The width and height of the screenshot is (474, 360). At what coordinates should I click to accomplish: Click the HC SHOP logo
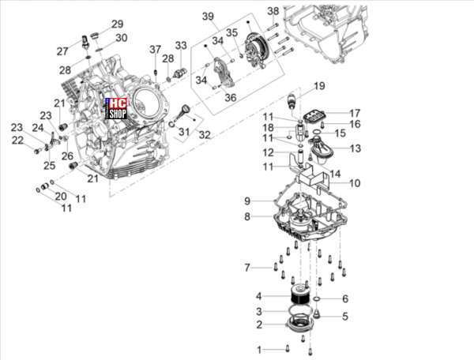tap(116, 108)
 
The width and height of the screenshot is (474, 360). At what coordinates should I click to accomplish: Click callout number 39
tap(208, 16)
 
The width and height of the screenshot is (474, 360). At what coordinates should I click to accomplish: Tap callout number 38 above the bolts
tap(273, 11)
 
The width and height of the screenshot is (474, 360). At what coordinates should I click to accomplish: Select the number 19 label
tap(319, 86)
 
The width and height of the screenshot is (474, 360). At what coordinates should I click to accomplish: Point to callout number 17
tap(355, 113)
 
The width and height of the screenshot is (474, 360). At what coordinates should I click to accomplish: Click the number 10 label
tap(355, 183)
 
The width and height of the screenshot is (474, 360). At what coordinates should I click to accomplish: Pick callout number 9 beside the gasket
tap(247, 201)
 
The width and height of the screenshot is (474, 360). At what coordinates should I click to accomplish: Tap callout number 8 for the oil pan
tap(247, 216)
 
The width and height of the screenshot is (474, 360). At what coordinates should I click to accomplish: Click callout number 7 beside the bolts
tap(247, 268)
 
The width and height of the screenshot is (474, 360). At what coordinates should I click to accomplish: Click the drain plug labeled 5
tap(317, 313)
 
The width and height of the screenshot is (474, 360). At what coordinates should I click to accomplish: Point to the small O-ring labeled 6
tap(317, 299)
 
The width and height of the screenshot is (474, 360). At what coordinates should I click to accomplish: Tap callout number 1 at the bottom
tap(259, 350)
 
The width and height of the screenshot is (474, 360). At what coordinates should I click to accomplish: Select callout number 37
tap(156, 49)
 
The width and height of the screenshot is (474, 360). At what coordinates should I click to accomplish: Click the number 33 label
tap(181, 46)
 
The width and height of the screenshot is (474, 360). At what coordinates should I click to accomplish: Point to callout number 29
tap(118, 24)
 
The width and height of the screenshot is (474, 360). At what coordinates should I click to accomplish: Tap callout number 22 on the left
tap(17, 141)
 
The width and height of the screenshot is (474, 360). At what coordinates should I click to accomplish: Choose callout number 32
tap(205, 135)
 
